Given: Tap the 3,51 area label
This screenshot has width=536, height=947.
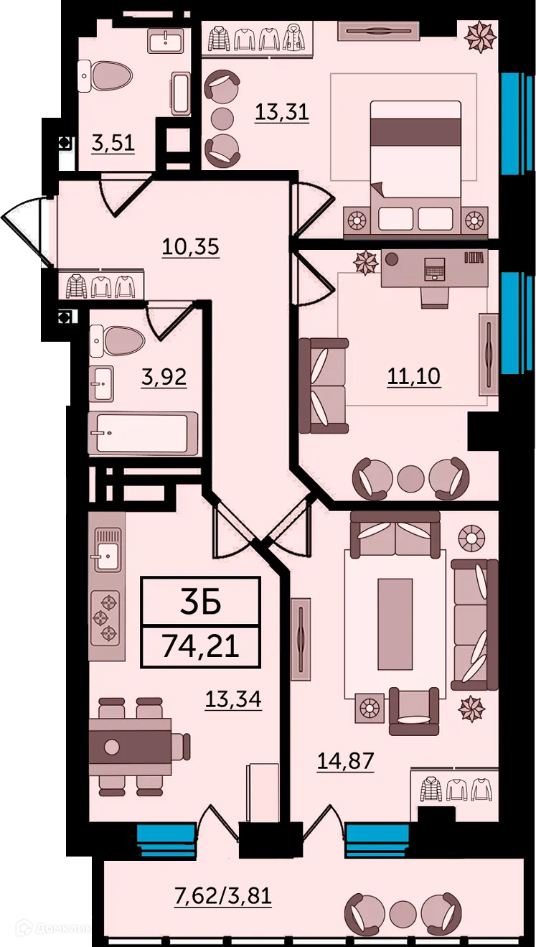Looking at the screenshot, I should pos(113,143).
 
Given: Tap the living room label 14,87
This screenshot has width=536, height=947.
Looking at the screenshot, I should pos(345,760).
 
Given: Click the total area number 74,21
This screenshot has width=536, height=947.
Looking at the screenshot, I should pos(199,646).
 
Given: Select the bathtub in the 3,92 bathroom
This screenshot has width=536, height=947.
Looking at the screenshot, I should pos(143,433).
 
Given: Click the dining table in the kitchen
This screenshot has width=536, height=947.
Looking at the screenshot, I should pos(130,746).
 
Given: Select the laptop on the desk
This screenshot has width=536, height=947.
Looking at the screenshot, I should pos(435,271).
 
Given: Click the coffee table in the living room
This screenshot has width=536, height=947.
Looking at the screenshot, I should pos(395,623).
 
